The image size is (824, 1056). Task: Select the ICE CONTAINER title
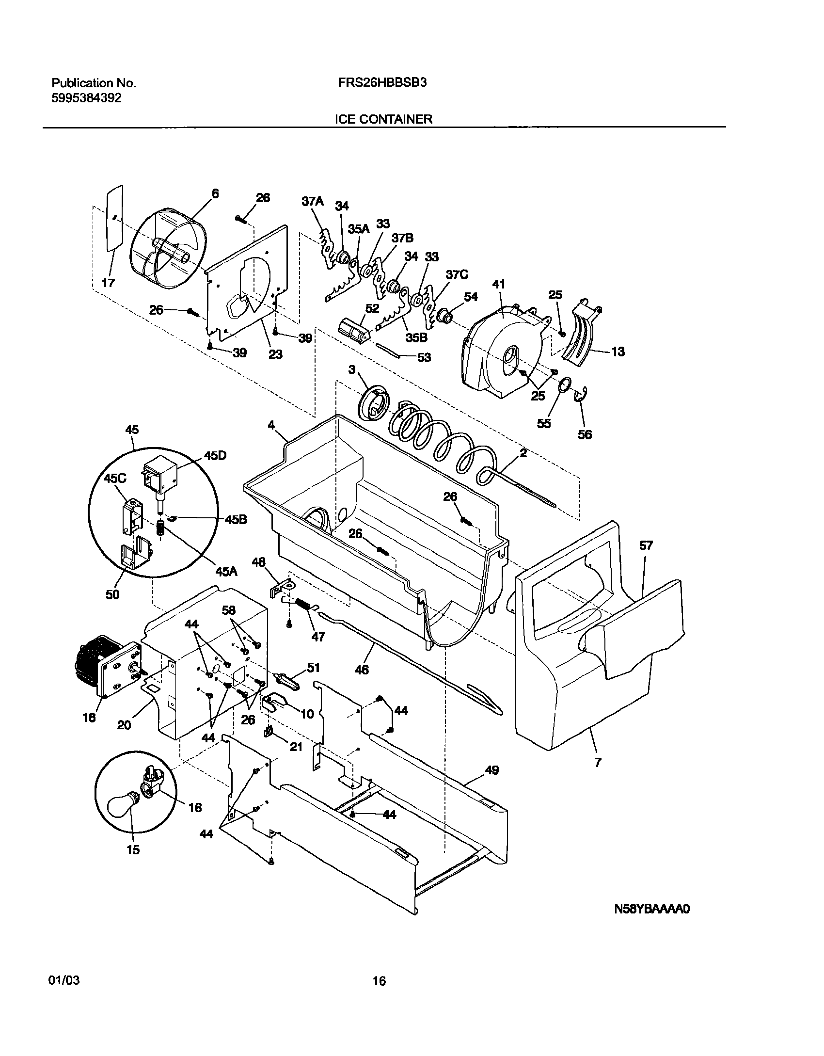click(383, 119)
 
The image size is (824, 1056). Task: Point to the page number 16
click(379, 981)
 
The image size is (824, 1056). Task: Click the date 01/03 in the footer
click(64, 980)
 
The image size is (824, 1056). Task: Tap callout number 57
click(646, 545)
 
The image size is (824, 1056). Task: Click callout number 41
click(499, 285)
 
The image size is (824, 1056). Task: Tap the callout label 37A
click(312, 201)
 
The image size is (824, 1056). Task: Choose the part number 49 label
click(491, 770)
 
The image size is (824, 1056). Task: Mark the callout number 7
click(598, 762)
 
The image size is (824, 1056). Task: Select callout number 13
click(618, 352)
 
